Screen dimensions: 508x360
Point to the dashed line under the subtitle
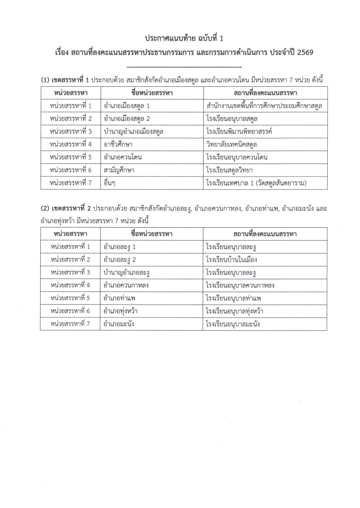[184, 66]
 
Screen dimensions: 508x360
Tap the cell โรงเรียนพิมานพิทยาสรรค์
[238, 131]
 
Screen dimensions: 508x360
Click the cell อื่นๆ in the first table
[110, 183]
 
